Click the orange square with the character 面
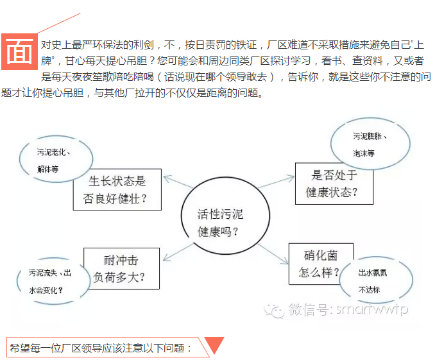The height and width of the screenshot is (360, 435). click(19, 51)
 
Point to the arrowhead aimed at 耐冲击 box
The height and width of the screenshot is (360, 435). click(167, 257)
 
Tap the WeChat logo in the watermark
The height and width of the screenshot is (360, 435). click(274, 310)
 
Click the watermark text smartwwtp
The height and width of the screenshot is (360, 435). click(371, 309)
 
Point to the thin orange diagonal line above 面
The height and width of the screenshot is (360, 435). click(59, 23)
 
